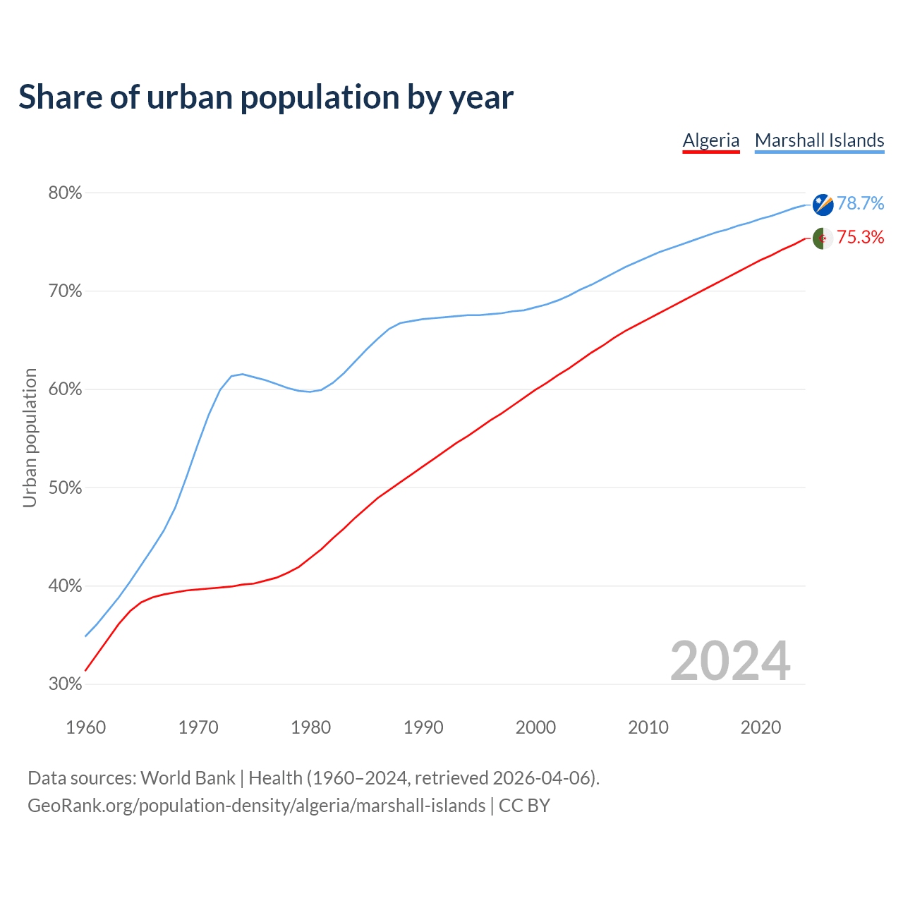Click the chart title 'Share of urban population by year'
265,97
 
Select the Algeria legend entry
711,140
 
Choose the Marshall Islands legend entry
819,140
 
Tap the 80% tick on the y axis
65,193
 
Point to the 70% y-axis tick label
65,291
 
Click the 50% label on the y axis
65,487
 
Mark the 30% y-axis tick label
65,684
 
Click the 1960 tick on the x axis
85,727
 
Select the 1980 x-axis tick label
310,727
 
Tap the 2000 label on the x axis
535,727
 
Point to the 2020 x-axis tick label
760,727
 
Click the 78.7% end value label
860,204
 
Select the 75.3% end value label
860,238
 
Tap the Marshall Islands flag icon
823,205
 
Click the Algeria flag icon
823,238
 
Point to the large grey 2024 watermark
730,661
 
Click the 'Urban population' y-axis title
30,437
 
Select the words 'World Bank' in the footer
188,778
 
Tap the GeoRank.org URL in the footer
256,806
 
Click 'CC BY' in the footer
524,806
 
